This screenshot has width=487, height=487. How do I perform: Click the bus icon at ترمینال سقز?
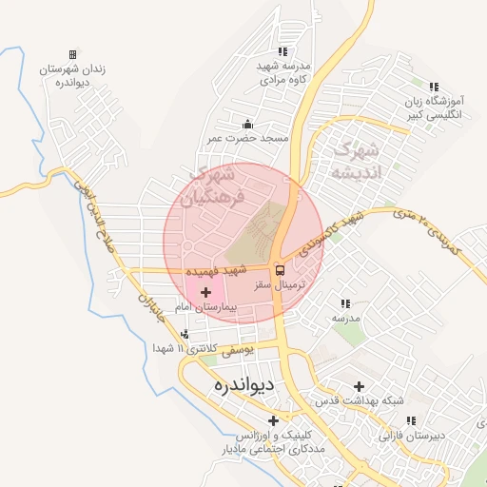[278, 269]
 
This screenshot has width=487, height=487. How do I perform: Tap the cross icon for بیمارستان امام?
[205, 291]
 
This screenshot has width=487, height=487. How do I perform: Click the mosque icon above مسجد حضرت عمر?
[248, 124]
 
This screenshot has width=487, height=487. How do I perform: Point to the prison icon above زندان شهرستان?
[73, 55]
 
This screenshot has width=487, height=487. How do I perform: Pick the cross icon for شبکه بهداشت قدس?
[359, 386]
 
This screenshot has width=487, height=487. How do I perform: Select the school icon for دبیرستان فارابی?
[411, 419]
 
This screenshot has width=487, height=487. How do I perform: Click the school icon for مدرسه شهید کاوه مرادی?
[282, 51]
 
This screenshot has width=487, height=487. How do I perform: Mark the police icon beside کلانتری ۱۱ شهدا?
[185, 334]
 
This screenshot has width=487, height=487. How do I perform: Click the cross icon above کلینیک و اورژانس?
[274, 419]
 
